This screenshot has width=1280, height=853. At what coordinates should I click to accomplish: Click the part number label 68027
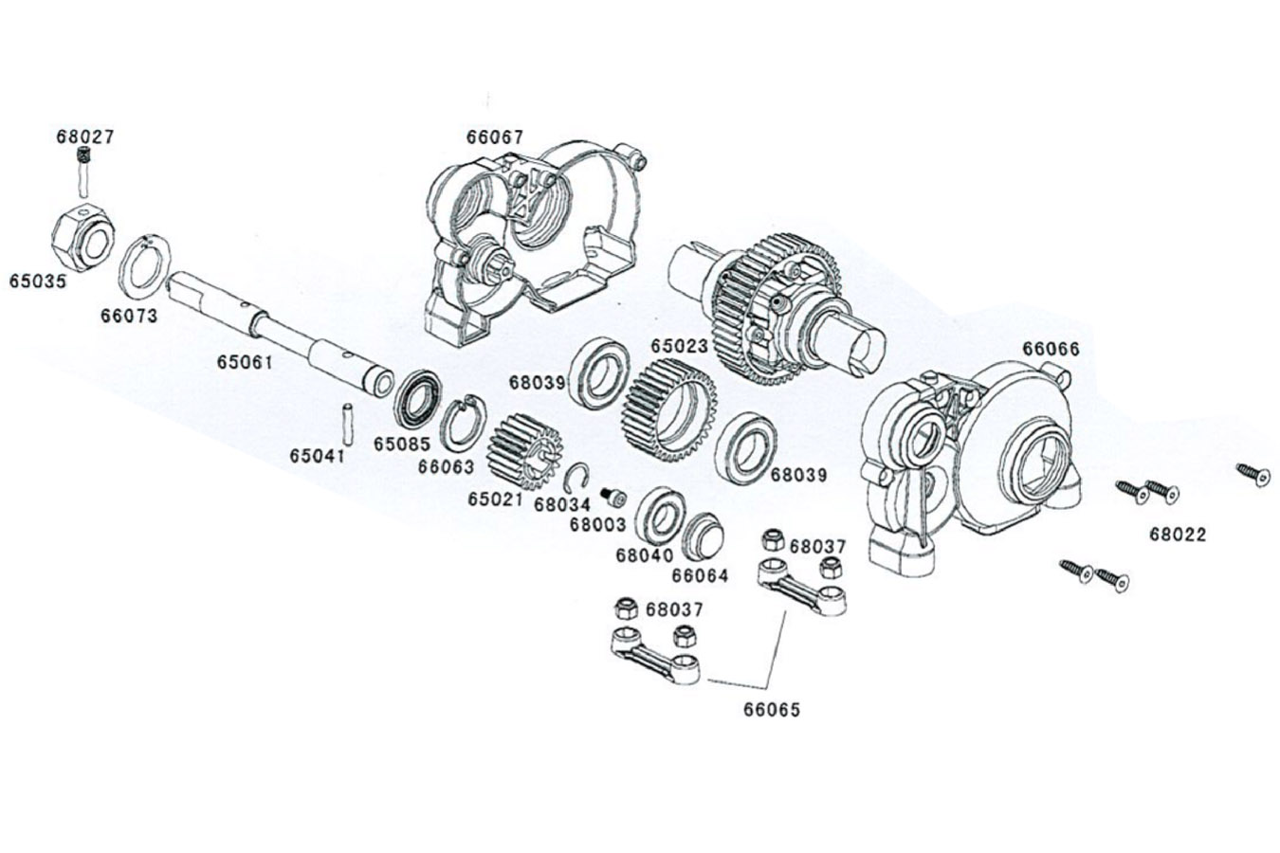point(84,136)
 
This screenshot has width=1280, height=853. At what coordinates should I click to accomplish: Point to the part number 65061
point(245,362)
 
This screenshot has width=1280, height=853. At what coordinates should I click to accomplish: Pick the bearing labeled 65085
point(417,401)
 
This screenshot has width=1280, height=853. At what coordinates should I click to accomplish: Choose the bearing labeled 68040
point(661,516)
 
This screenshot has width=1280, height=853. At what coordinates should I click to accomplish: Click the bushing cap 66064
point(704,537)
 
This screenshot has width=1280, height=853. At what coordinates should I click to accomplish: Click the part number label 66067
point(494,136)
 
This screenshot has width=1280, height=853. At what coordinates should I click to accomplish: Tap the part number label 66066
point(1051,349)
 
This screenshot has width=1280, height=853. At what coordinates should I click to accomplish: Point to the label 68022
point(1178,535)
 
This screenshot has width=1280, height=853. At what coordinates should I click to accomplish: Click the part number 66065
point(772,709)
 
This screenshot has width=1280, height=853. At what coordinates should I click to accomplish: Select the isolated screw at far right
point(1253,473)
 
